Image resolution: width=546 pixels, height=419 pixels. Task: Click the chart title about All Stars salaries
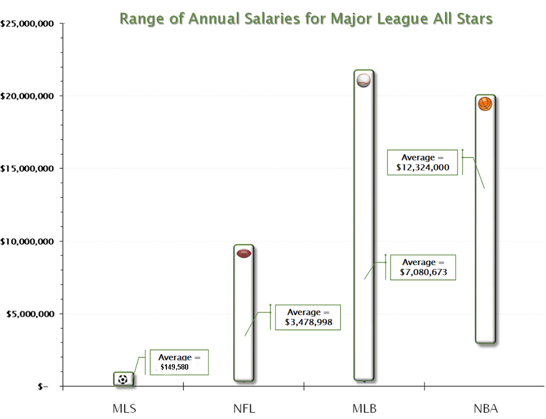click(x=306, y=19)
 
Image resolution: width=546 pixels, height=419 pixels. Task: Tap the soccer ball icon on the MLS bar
click(x=123, y=380)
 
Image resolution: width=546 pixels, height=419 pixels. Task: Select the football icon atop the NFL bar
click(x=244, y=253)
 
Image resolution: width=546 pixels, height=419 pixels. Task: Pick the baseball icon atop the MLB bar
click(x=364, y=80)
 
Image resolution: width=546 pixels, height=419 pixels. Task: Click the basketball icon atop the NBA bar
click(x=485, y=104)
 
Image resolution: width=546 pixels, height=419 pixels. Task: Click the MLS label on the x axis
click(x=124, y=409)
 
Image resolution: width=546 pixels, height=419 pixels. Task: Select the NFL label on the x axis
click(x=244, y=409)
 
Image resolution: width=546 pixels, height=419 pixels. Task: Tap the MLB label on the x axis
click(x=365, y=409)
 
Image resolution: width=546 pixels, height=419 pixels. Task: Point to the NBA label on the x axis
click(x=485, y=409)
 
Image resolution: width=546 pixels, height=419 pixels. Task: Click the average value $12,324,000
click(x=423, y=168)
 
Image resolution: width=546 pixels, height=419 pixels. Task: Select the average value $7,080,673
click(x=424, y=272)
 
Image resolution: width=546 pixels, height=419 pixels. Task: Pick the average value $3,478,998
click(x=308, y=322)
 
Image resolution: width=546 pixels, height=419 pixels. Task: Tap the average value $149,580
click(x=174, y=367)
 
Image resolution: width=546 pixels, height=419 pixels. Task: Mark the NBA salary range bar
click(x=485, y=224)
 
